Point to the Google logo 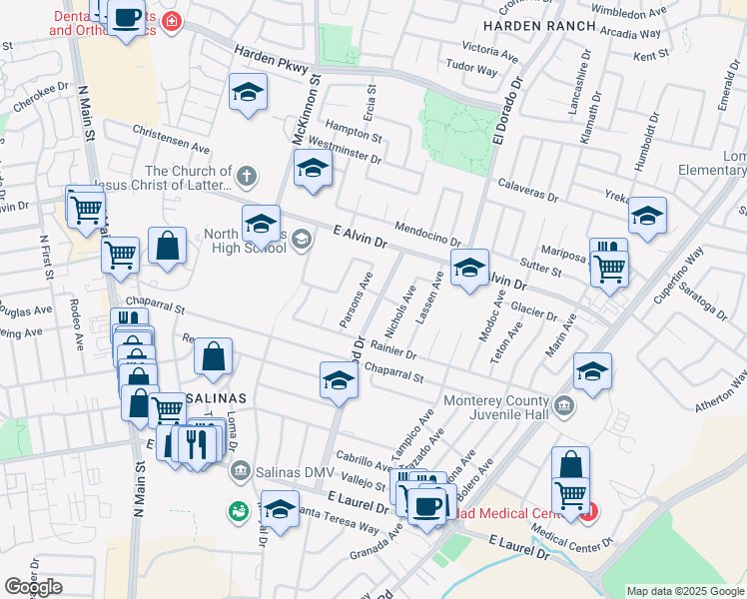33,587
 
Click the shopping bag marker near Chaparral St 214,357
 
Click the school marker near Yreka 647,216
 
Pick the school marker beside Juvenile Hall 592,372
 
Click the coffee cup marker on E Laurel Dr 427,507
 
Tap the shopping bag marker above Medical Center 570,464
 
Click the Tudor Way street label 471,70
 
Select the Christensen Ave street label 171,139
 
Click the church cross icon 247,177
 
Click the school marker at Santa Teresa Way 281,510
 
